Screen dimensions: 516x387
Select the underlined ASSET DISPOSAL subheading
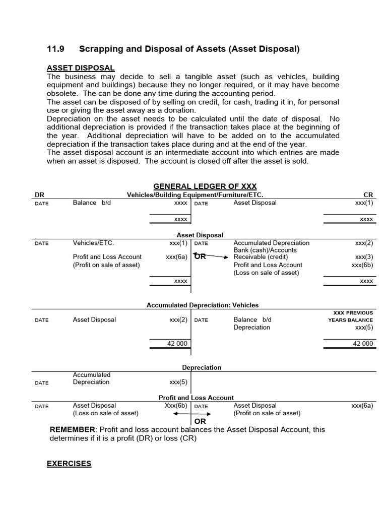point(81,68)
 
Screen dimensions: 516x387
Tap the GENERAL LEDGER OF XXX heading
point(205,186)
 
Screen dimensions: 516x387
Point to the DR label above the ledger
point(39,195)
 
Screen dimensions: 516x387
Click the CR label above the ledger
point(368,195)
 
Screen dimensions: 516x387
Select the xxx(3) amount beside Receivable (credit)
point(364,257)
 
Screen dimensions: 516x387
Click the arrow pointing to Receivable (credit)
point(217,256)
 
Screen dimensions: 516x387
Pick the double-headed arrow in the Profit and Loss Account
point(192,413)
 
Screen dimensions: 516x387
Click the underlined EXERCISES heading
point(69,463)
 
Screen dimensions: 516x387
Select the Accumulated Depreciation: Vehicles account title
point(203,305)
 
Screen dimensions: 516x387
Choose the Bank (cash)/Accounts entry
point(265,250)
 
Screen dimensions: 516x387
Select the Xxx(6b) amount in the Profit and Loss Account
point(175,405)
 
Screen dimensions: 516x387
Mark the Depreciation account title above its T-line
point(202,367)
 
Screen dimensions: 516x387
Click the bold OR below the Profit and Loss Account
point(200,421)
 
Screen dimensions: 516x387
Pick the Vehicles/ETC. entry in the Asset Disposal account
point(94,243)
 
